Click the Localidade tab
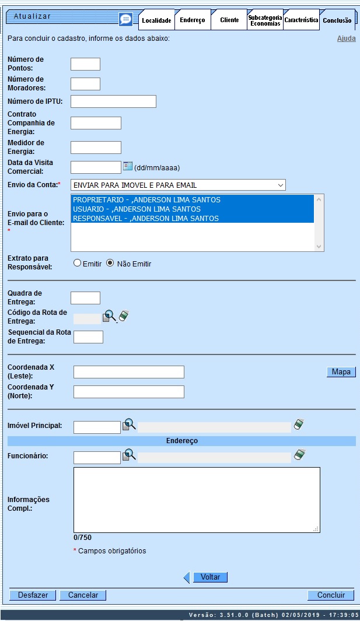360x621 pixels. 156,20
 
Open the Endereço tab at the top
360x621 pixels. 192,20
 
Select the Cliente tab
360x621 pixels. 229,20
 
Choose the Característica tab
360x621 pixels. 301,20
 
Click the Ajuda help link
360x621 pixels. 346,39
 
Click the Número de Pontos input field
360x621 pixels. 85,64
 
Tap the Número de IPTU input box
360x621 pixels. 113,101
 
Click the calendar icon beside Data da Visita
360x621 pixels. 128,167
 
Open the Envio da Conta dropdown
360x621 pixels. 178,185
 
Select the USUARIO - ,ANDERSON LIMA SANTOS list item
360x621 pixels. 137,209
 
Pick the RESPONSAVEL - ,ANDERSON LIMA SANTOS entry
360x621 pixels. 145,219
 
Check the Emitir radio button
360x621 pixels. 77,264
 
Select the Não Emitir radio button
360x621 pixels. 109,264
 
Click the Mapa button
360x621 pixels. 341,372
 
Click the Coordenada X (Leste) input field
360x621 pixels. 128,372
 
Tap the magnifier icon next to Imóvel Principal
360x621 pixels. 129,425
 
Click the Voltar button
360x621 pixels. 210,577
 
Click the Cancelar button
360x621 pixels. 83,595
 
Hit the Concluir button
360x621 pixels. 331,595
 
